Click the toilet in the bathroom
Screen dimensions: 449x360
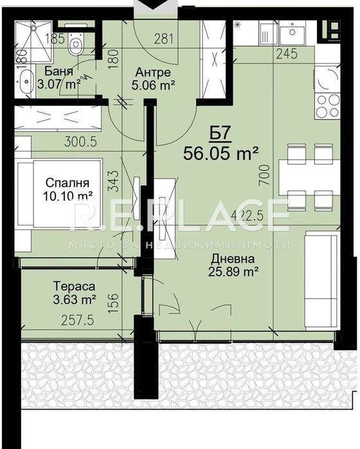pyautogui.click(x=77, y=45)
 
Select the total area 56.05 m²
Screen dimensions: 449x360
pyautogui.click(x=221, y=154)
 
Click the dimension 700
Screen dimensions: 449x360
pyautogui.click(x=263, y=174)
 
